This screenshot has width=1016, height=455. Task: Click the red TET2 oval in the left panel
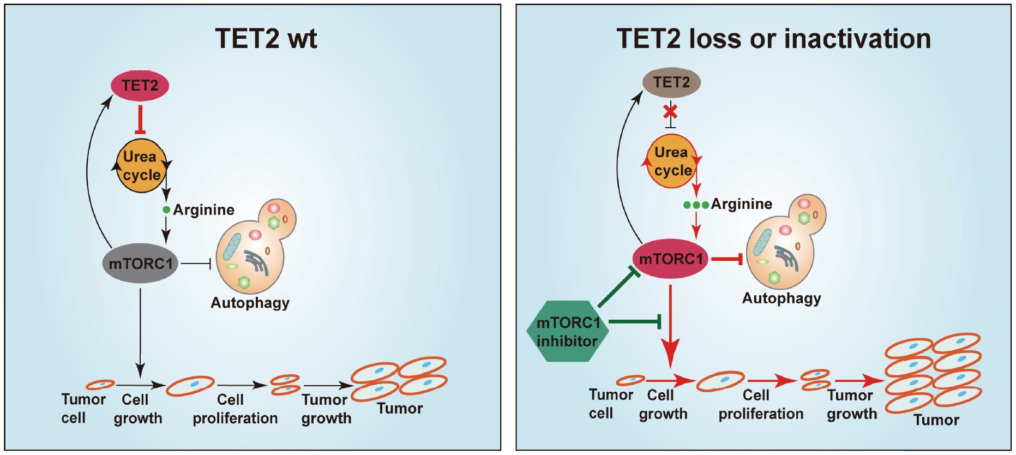pos(140,86)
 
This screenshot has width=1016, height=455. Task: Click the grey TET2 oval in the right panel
pos(671,83)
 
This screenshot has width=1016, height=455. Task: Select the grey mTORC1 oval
pos(140,264)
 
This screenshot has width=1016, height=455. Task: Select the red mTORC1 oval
pos(670,259)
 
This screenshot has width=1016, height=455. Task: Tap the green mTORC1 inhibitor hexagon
pos(568,332)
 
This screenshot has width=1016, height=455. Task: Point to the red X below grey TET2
pos(670,112)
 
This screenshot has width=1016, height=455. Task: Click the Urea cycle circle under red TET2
pos(141,166)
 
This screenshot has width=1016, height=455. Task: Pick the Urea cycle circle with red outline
pos(672,161)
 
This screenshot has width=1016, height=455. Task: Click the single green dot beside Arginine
pos(166,210)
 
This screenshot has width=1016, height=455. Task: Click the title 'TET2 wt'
pos(266,39)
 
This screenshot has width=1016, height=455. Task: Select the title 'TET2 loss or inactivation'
pos(773,39)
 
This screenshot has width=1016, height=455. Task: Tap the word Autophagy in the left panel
pos(250,303)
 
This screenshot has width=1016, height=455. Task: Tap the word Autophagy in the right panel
pos(781,298)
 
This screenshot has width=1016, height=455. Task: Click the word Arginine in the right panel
pos(741,204)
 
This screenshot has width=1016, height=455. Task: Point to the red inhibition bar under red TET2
pos(141,120)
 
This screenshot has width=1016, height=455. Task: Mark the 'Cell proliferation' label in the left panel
pos(235,409)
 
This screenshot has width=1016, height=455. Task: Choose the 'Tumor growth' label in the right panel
pos(851,405)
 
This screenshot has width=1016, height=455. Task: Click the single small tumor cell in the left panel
pos(100,385)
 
